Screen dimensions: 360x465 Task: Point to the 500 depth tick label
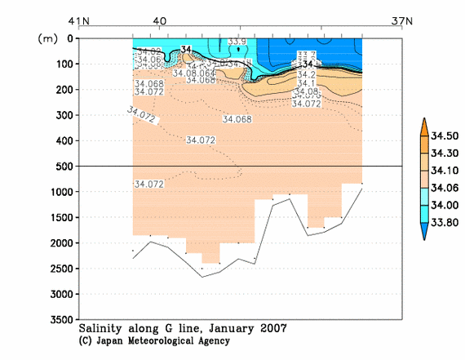coord(63,167)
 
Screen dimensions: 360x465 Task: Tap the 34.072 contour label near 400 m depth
coord(201,140)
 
